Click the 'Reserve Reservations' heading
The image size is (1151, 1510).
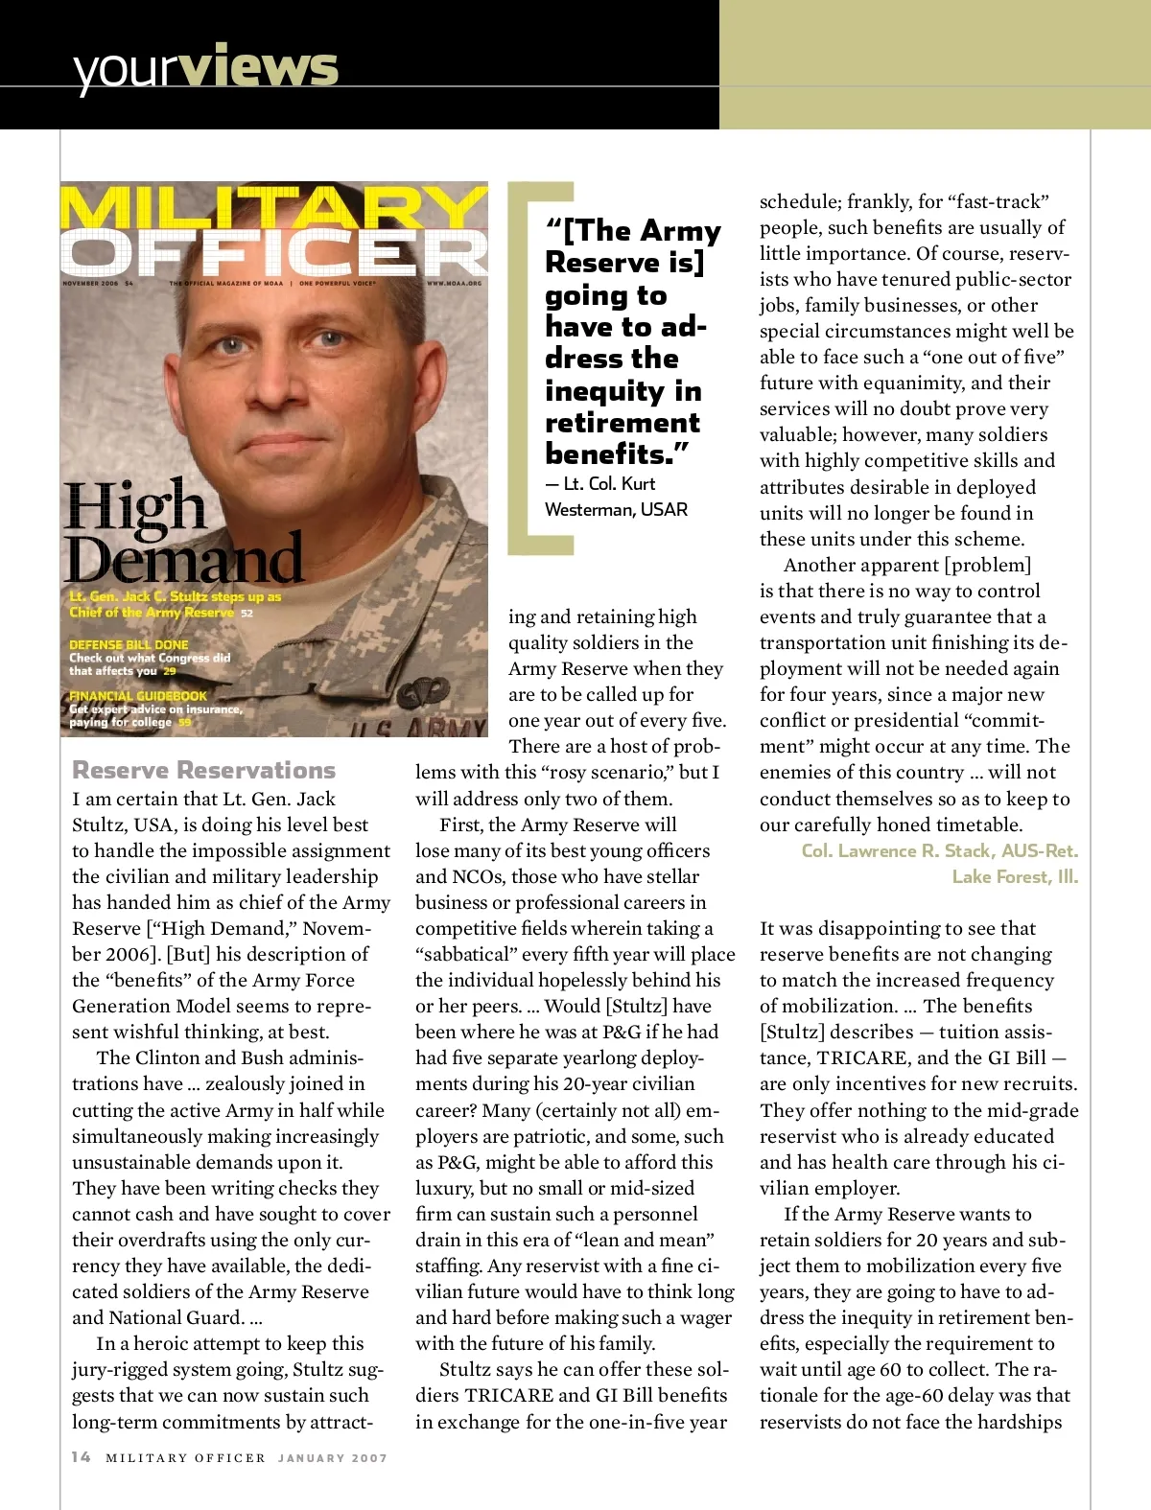tap(203, 770)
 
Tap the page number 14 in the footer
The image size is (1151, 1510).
tap(82, 1457)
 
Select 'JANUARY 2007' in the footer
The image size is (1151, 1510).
tap(333, 1458)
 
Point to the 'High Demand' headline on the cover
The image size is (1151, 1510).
tap(182, 532)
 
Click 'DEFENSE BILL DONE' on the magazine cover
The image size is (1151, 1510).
tap(129, 644)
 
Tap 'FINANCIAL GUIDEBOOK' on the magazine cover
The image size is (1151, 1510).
tap(138, 695)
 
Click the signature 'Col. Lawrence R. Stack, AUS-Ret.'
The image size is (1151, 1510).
tap(939, 850)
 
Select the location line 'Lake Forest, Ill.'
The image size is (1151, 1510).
tap(1015, 876)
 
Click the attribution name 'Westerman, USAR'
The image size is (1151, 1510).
tap(616, 509)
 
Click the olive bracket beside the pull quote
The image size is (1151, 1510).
tap(526, 369)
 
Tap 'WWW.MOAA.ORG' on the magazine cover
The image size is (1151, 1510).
tap(454, 283)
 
